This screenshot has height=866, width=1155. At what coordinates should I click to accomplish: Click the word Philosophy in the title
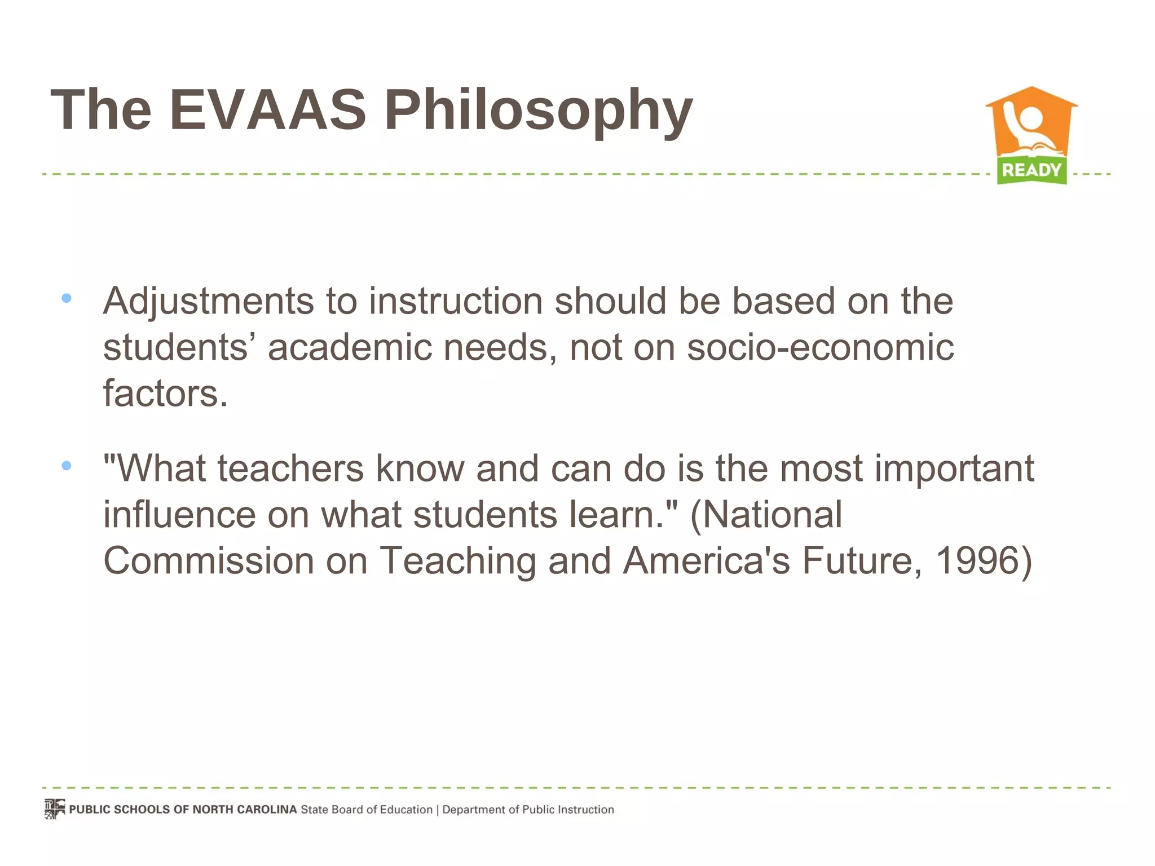click(x=538, y=111)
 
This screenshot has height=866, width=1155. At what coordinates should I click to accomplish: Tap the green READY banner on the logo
click(x=1031, y=170)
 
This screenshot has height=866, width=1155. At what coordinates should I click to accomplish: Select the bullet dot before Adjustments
click(x=67, y=298)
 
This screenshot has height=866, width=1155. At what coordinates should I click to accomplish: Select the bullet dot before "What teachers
click(x=67, y=465)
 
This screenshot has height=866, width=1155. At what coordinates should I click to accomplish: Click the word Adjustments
click(x=208, y=302)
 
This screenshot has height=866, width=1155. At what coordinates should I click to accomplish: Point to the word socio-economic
click(x=820, y=347)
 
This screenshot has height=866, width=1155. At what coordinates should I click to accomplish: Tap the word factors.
click(x=165, y=393)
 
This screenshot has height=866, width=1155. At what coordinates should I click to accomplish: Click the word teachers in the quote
click(x=290, y=469)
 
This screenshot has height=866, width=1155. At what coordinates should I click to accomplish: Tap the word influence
click(x=179, y=514)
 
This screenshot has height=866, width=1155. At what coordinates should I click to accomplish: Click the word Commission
click(x=208, y=560)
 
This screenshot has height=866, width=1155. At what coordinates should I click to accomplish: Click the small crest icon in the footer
click(x=55, y=809)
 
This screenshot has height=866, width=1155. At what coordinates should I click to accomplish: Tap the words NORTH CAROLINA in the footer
click(x=244, y=810)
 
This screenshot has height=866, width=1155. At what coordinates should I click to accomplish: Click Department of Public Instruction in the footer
click(x=528, y=810)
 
